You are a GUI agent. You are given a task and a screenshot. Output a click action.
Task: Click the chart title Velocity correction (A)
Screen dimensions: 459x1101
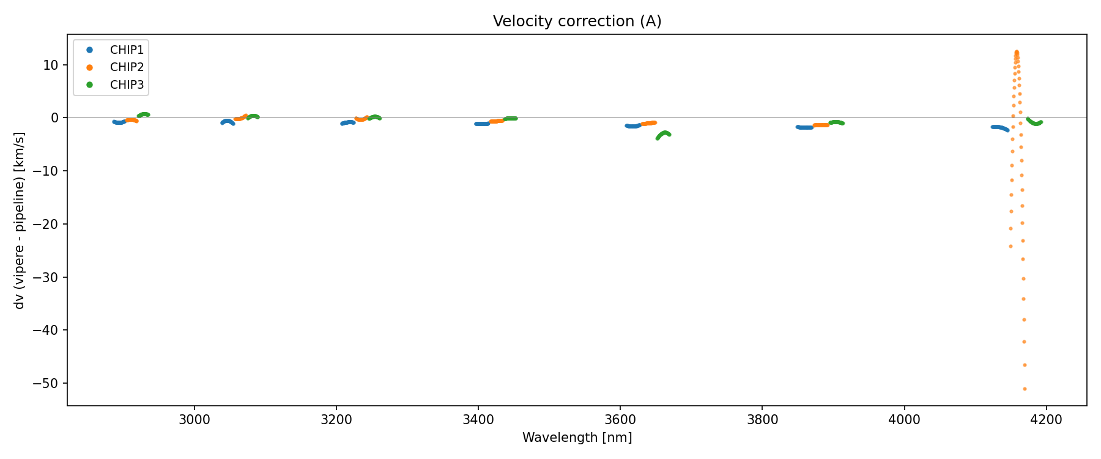point(577,21)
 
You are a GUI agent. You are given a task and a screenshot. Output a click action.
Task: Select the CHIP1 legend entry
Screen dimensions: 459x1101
point(127,50)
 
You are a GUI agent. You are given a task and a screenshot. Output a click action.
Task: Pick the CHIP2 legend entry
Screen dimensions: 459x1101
point(127,67)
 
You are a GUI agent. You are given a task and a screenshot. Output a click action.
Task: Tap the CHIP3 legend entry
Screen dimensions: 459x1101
point(127,85)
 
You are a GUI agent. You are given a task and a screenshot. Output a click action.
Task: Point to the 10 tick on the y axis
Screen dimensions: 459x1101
point(51,65)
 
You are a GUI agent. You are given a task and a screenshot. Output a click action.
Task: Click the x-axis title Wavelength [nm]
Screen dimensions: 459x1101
point(577,438)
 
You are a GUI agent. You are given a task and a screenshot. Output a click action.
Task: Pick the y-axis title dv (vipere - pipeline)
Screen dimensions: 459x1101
point(20,220)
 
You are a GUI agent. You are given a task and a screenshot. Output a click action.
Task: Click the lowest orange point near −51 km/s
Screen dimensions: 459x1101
point(1025,389)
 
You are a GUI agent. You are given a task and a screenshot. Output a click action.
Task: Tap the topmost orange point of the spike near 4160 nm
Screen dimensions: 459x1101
point(1017,52)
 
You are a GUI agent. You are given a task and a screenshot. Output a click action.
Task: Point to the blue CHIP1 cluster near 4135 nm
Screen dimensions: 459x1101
point(999,127)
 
